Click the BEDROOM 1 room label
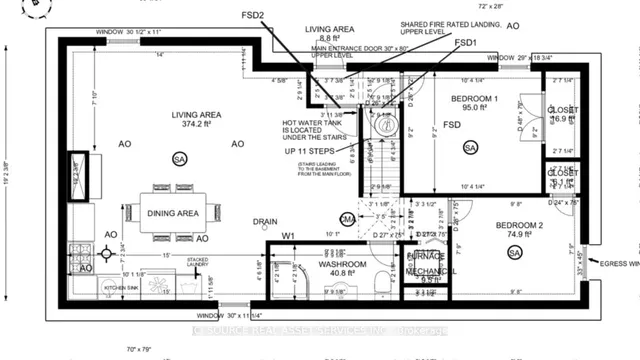click(475, 99)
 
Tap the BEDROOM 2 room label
click(519, 226)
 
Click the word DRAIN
click(264, 223)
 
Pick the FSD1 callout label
click(466, 44)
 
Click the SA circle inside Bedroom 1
click(470, 148)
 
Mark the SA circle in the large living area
click(179, 159)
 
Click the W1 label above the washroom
click(287, 236)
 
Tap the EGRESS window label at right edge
click(621, 264)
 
